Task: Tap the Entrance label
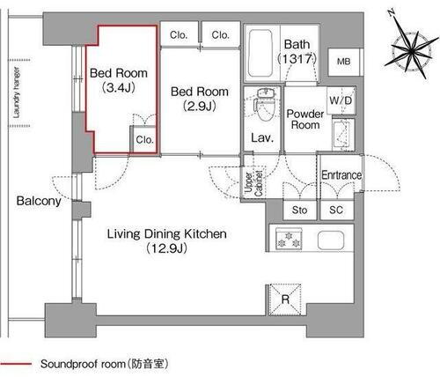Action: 341,175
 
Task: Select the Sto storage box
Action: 298,211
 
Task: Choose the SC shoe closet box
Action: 335,211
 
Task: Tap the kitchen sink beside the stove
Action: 332,239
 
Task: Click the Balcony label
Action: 38,201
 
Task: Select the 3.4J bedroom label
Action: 119,80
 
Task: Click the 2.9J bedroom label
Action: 198,99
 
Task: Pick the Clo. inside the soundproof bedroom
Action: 144,138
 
